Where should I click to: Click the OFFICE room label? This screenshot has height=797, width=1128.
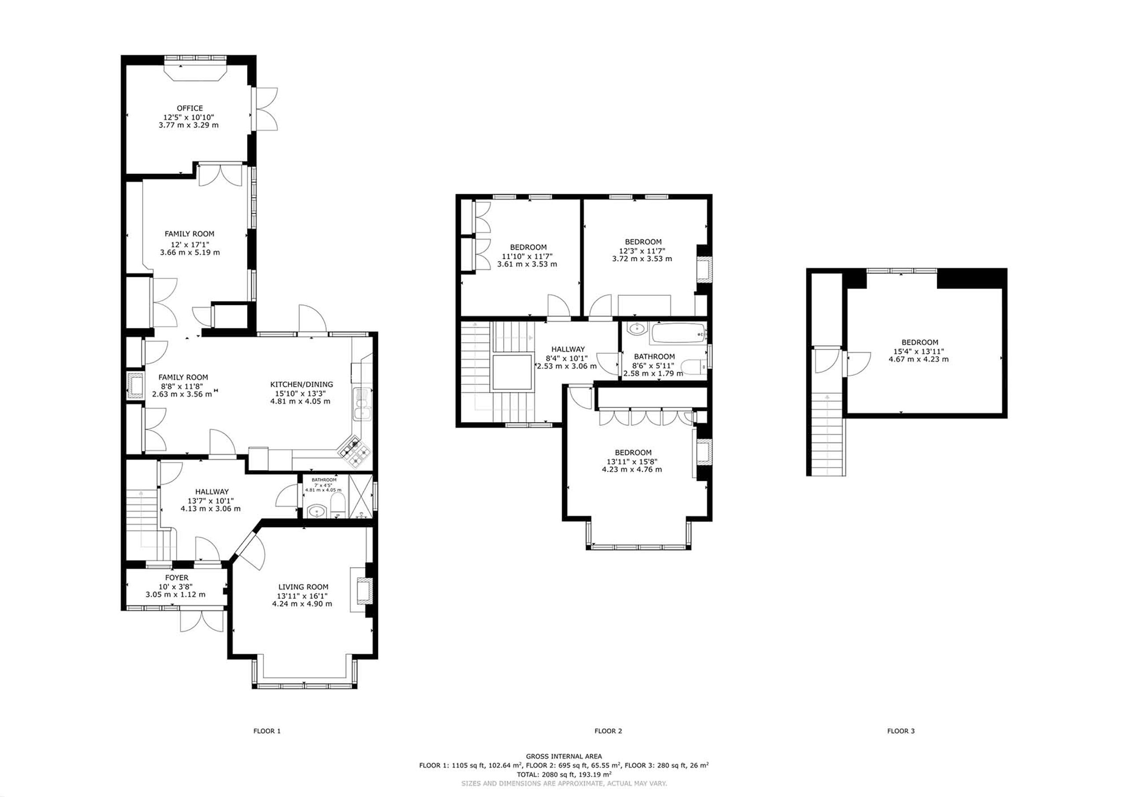(x=189, y=108)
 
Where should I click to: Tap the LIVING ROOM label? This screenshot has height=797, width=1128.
(x=303, y=587)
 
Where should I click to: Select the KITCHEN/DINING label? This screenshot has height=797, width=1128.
(x=302, y=384)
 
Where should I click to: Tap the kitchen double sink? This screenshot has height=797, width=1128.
(x=363, y=404)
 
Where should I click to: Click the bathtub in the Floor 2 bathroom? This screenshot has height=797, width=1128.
(x=678, y=334)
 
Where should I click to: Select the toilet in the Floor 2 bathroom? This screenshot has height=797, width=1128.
(x=695, y=366)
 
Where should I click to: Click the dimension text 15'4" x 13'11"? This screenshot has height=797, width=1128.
(x=919, y=351)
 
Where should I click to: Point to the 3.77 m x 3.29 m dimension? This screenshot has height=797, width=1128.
(x=189, y=125)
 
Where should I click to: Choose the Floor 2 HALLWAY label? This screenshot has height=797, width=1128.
(x=568, y=349)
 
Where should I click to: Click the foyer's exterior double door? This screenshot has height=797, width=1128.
(x=201, y=621)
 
